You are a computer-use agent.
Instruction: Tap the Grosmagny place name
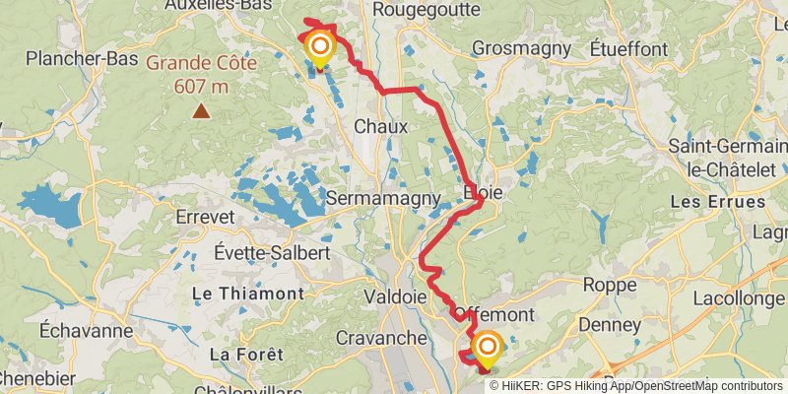[x=521, y=47]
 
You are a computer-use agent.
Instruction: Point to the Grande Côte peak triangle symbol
[x=201, y=110]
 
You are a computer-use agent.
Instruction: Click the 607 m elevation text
[x=201, y=86]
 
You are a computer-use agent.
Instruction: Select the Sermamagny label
[x=382, y=198]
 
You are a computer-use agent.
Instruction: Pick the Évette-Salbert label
[x=273, y=252]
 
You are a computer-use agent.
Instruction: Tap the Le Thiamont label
[x=246, y=294]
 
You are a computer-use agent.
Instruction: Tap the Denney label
[x=610, y=324]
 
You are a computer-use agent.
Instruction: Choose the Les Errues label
[x=716, y=201]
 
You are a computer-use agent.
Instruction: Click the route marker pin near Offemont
[x=487, y=349]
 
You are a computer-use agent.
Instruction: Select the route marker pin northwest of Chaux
[x=320, y=48]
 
